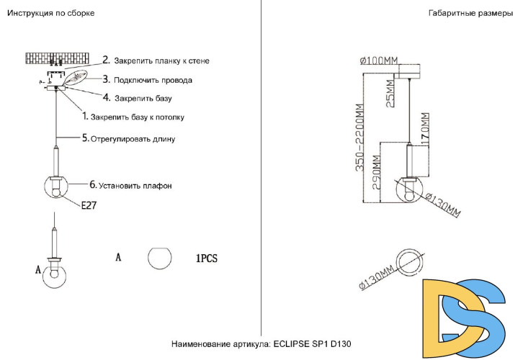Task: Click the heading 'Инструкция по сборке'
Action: click(x=50, y=14)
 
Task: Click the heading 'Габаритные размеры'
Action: click(x=470, y=14)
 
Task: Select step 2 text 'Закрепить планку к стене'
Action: click(x=161, y=61)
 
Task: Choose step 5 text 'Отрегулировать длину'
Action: click(x=133, y=138)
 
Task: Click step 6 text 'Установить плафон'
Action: click(x=135, y=186)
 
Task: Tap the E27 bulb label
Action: click(x=89, y=205)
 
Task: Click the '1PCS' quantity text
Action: click(x=206, y=257)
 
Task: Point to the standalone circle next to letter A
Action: click(x=160, y=258)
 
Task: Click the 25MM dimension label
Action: click(x=390, y=92)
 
